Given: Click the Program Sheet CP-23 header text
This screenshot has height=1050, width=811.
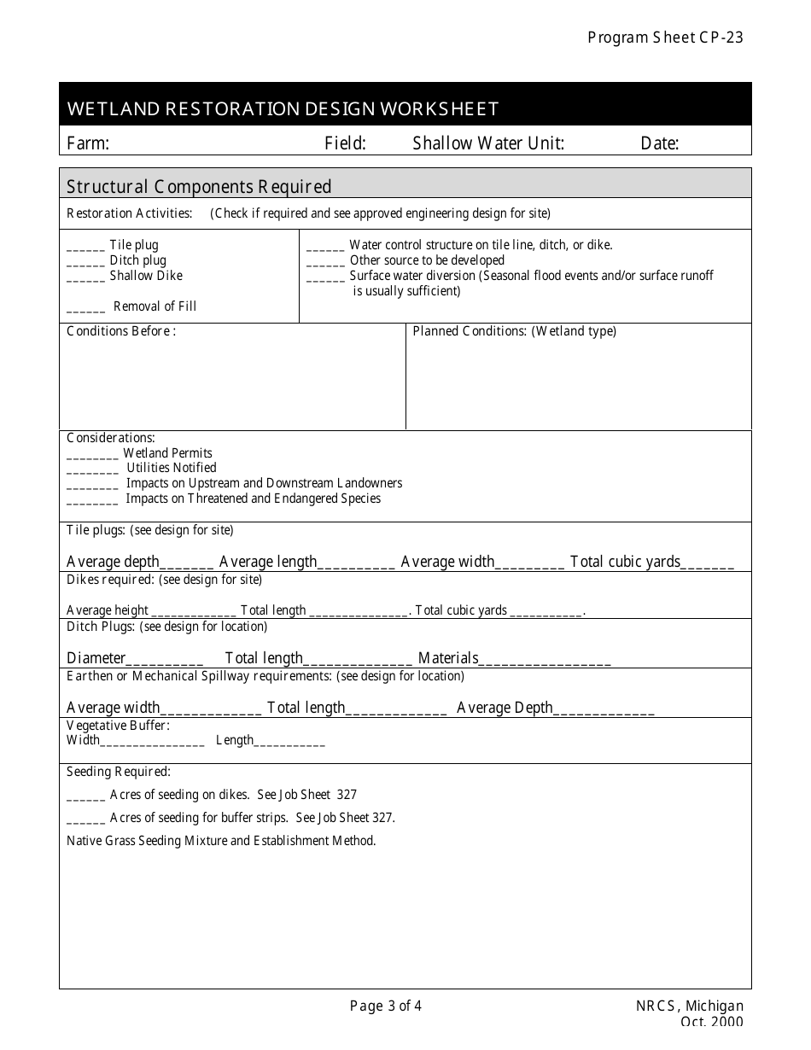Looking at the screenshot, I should tap(665, 38).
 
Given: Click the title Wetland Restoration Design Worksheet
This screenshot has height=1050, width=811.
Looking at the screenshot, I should tap(283, 109).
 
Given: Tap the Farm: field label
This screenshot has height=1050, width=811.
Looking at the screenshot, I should tap(88, 143).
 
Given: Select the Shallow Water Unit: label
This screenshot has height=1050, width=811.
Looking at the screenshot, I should tap(488, 143).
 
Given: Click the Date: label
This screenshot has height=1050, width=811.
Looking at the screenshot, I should tap(659, 143).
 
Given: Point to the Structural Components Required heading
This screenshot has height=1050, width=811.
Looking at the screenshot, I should tap(199, 186).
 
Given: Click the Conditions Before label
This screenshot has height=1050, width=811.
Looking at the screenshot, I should tap(121, 331).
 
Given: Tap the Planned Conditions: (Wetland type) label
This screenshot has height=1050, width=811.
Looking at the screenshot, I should tap(514, 331).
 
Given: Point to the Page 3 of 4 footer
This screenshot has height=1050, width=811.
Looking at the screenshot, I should tap(386, 1006).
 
